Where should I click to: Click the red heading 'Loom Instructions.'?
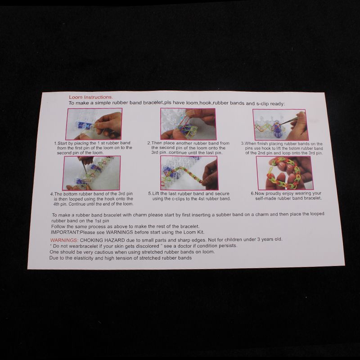[x=91, y=97]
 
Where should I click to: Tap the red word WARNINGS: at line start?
[x=64, y=240]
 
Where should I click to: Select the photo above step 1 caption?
[x=94, y=124]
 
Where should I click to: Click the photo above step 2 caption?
[x=188, y=124]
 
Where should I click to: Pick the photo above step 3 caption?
[x=280, y=125]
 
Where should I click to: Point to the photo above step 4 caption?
[x=91, y=173]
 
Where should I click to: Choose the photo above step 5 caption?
[x=189, y=173]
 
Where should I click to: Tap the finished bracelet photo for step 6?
[x=285, y=173]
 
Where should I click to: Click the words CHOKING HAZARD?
[x=103, y=240]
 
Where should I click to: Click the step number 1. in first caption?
[x=56, y=143]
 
